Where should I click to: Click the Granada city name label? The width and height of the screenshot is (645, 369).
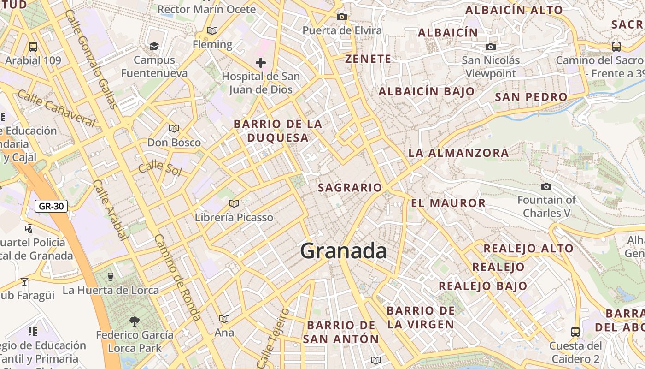(x=343, y=251)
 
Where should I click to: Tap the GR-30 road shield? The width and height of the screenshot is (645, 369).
(x=51, y=206)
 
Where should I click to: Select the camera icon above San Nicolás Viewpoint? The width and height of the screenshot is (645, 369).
(x=491, y=47)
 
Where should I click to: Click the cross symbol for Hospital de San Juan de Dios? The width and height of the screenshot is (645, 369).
(x=261, y=62)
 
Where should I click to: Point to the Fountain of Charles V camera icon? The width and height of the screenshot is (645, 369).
(x=546, y=186)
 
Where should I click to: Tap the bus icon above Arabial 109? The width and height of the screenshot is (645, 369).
(x=33, y=47)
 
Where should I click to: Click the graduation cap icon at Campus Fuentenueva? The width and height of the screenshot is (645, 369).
(x=154, y=46)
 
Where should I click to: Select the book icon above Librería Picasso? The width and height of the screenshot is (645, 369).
(x=234, y=203)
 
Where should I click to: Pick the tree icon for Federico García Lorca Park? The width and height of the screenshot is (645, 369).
(x=135, y=321)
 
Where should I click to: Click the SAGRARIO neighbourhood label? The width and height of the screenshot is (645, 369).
(x=350, y=188)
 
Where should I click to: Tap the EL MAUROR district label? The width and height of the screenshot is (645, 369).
(x=448, y=203)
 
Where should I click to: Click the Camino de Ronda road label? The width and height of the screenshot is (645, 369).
(x=178, y=278)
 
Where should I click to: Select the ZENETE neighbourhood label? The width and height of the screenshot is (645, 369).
(x=368, y=59)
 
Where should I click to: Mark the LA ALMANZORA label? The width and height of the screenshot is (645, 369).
(x=458, y=153)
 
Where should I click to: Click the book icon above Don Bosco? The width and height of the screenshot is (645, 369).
(x=174, y=128)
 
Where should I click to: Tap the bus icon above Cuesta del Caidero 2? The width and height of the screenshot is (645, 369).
(x=575, y=332)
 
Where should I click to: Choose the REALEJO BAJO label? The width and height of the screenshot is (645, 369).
(x=483, y=286)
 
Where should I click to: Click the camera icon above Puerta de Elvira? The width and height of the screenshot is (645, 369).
(x=341, y=17)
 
